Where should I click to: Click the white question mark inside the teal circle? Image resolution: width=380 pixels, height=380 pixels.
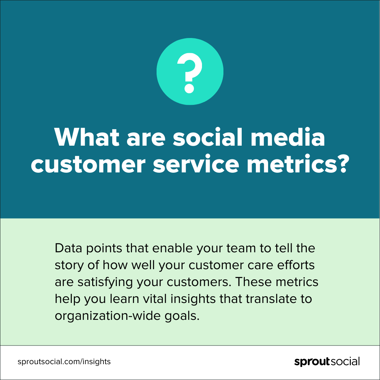(x=190, y=73)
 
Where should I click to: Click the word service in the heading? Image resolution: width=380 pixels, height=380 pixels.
(x=196, y=164)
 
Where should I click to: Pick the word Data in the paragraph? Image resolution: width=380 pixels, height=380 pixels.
(x=68, y=248)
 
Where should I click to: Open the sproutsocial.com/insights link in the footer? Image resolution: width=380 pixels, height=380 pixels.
(x=64, y=362)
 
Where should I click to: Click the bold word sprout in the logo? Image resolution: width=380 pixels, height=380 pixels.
(x=312, y=362)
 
